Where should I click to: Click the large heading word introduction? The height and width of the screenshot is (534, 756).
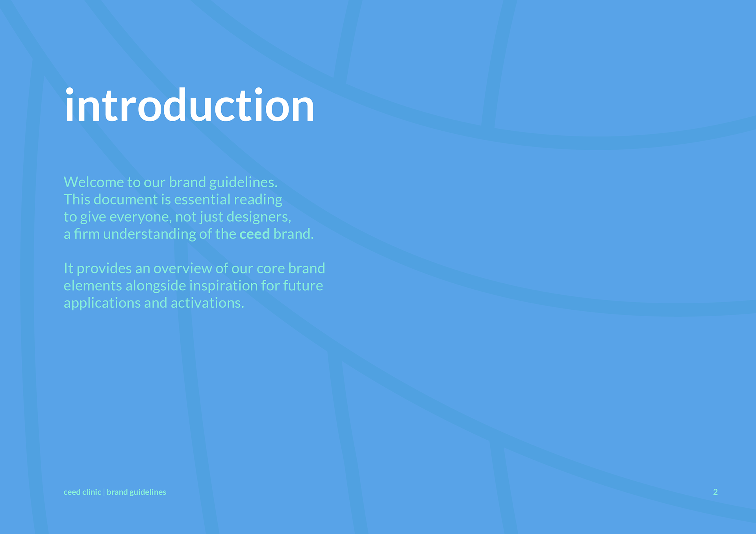[x=189, y=105]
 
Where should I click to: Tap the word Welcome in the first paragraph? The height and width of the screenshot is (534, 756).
[x=94, y=182]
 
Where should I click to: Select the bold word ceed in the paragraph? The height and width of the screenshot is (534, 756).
[x=254, y=234]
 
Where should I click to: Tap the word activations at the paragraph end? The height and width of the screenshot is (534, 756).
[x=207, y=303]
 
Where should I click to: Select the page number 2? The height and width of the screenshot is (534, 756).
[x=715, y=492]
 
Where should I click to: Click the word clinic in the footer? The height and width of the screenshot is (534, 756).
[x=92, y=492]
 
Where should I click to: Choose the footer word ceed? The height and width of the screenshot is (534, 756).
[x=72, y=492]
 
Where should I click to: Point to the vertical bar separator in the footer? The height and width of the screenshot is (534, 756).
[x=104, y=492]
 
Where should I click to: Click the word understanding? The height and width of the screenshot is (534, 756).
[x=149, y=234]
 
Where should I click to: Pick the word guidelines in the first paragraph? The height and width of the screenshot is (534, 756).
[x=243, y=182]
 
